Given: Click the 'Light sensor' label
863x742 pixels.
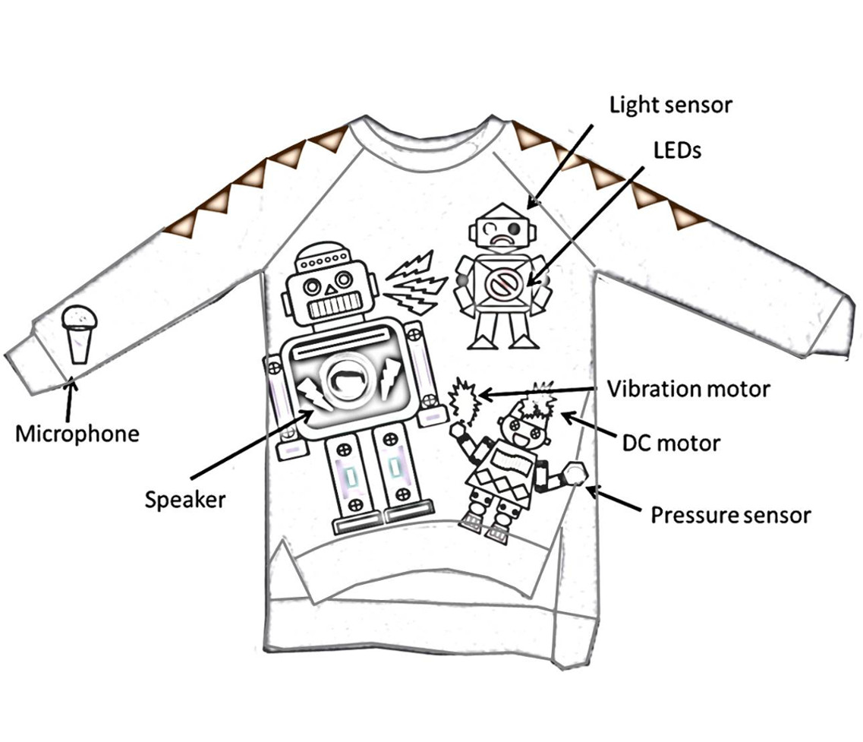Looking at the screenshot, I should point(671,105).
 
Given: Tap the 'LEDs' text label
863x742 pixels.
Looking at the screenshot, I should point(677,150).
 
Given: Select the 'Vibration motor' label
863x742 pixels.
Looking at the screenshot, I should point(688,389).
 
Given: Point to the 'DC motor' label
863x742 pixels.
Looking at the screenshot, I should point(671,441).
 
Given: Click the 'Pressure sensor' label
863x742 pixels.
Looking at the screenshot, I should point(730,516).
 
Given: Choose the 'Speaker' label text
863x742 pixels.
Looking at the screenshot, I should point(185,499).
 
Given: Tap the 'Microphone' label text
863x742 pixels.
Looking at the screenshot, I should point(77,434).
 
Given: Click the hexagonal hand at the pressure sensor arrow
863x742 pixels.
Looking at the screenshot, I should point(575,475).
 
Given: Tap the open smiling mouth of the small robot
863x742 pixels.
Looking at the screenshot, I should point(521,439).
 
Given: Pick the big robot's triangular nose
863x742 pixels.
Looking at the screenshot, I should point(329,289).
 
